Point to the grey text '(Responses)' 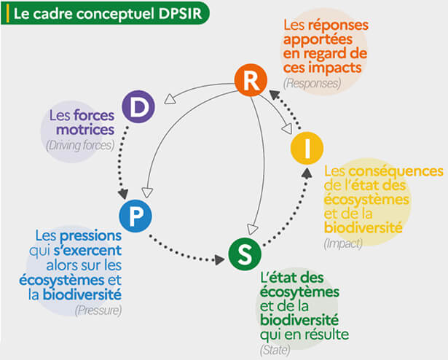314,83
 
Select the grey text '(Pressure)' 98,310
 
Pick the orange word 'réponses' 337,26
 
